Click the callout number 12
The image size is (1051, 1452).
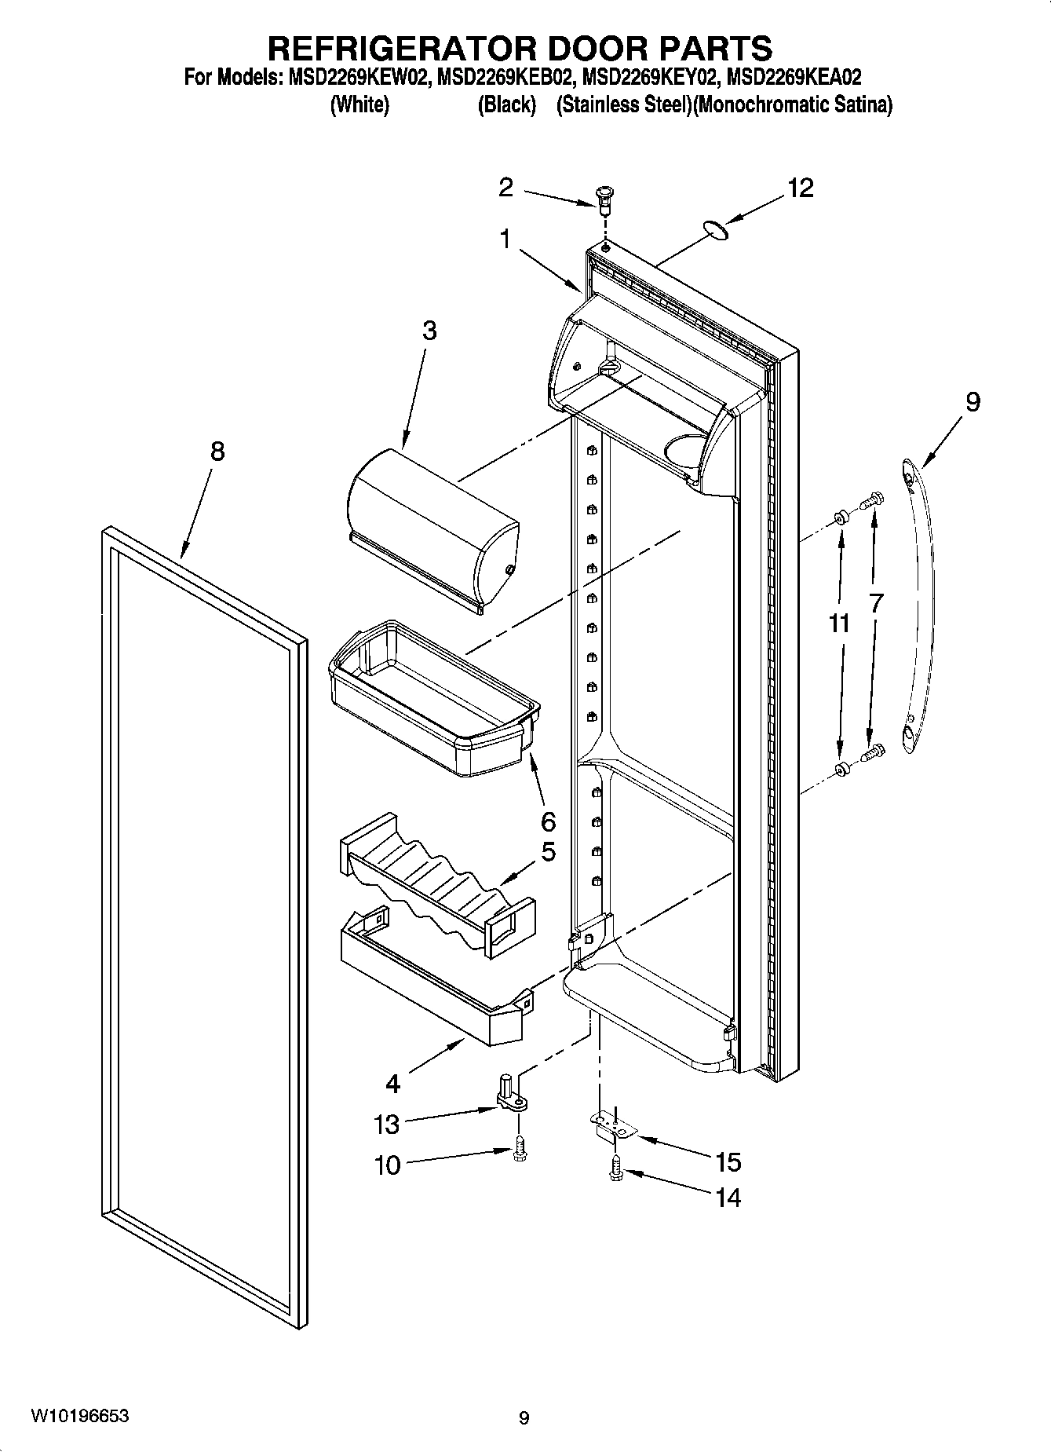click(x=801, y=188)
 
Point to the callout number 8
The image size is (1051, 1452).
click(x=217, y=452)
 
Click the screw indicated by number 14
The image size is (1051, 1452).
click(x=615, y=1171)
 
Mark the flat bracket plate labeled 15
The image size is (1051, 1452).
click(x=615, y=1128)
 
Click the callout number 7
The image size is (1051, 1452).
click(x=876, y=603)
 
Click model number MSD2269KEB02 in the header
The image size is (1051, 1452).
click(x=503, y=78)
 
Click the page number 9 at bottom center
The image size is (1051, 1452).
click(x=524, y=1418)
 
